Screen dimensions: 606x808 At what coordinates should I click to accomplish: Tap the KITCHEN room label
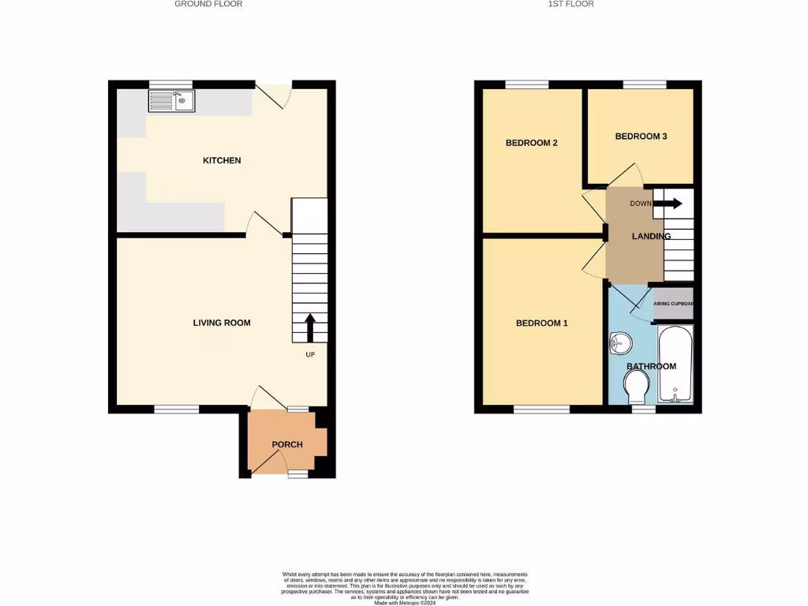point(222,161)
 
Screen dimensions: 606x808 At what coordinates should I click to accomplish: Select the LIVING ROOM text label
point(222,323)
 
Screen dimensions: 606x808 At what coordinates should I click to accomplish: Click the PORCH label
point(287,444)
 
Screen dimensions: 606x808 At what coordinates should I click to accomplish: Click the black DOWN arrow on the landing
point(671,204)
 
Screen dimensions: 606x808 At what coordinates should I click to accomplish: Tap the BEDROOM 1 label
point(541,324)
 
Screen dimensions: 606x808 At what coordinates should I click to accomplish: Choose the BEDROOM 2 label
point(531,143)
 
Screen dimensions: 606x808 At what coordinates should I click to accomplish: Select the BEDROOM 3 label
point(641,137)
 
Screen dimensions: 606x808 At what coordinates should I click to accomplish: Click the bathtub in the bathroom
point(675,364)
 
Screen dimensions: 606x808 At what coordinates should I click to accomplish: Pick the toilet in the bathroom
point(636,387)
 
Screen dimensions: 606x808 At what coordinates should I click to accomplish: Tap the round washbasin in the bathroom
point(621,342)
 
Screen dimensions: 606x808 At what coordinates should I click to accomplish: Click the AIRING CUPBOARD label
point(672,303)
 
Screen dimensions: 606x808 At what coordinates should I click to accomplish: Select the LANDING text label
point(651,236)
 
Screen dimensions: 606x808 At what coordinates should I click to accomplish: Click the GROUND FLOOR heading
point(208,4)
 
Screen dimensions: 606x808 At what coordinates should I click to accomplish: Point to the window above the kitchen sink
point(171,84)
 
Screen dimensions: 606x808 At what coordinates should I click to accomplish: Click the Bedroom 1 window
point(541,410)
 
